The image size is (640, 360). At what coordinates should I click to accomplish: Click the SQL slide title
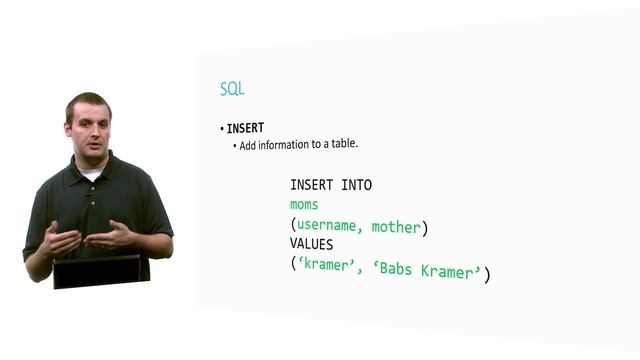point(232,89)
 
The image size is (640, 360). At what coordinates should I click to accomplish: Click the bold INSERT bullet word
point(245,128)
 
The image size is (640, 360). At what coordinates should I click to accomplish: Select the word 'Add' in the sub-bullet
point(250,144)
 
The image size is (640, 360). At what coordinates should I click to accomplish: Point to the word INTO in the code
point(356,185)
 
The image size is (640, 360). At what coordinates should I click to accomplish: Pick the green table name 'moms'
point(304,206)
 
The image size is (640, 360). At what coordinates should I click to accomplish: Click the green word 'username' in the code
point(329,227)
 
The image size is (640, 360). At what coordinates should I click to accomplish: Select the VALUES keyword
point(311,244)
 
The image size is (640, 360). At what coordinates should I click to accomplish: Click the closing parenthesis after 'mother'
point(424,228)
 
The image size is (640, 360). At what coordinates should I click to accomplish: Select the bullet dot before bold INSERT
point(222,129)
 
